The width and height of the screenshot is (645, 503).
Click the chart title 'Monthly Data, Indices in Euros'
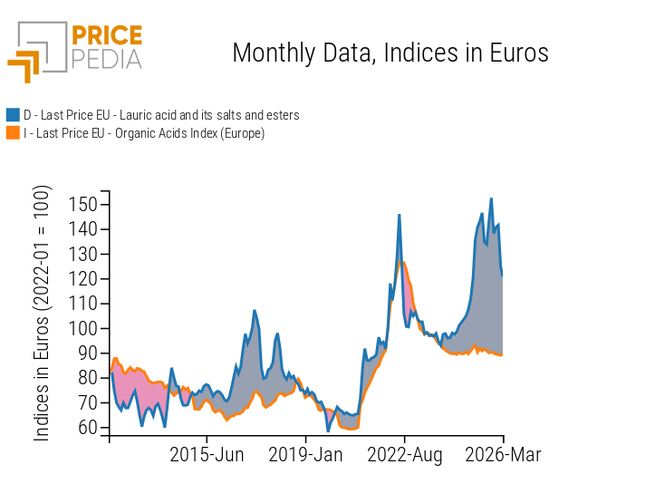tap(390, 53)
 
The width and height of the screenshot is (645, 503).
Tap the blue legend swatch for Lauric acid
tap(13, 115)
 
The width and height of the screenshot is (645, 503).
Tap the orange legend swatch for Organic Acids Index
tap(13, 133)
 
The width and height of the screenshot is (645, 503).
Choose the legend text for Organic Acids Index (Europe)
tap(144, 133)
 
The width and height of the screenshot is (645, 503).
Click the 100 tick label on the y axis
tap(83, 328)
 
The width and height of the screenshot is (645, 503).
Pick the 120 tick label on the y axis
tap(83, 279)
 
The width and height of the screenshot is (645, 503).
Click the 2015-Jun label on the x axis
tap(207, 454)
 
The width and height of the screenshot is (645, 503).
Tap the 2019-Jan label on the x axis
tap(305, 454)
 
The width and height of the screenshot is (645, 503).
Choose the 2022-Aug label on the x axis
tap(404, 454)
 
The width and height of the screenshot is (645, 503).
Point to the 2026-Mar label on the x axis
tap(503, 454)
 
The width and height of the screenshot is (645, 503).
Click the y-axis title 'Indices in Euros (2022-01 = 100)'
tap(43, 314)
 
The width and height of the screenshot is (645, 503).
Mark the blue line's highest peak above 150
tap(491, 198)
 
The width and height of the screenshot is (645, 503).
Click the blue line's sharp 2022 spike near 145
tap(399, 215)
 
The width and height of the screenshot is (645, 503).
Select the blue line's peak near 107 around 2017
tap(255, 311)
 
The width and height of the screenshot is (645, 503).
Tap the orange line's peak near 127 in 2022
tap(403, 263)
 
